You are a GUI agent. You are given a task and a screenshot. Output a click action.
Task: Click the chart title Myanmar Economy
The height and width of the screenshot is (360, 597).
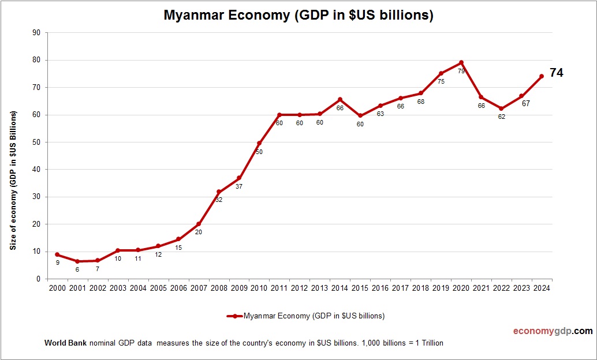[x=298, y=16]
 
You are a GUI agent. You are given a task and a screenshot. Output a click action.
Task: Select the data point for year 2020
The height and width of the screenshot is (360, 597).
[x=461, y=62]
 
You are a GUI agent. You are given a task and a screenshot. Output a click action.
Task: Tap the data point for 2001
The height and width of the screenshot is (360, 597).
[x=77, y=261]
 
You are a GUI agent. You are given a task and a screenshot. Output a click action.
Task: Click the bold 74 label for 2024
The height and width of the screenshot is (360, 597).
[x=556, y=73]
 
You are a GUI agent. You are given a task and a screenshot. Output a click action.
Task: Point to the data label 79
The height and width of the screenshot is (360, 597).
[x=461, y=71]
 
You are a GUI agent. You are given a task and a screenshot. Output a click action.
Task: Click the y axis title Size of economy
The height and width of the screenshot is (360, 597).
[x=13, y=180]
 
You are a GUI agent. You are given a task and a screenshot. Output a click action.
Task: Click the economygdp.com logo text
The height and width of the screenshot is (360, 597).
[x=553, y=331]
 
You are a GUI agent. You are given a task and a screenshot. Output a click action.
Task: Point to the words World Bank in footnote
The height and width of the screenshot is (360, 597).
[x=65, y=343]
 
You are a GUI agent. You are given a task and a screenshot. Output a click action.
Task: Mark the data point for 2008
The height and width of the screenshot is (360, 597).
[x=219, y=192]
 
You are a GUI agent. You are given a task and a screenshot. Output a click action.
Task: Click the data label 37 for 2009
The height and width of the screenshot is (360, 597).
[x=239, y=186]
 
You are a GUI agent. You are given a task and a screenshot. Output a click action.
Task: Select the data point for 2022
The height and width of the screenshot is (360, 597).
[x=501, y=108]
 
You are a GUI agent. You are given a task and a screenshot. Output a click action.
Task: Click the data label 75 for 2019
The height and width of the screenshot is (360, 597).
[x=441, y=81]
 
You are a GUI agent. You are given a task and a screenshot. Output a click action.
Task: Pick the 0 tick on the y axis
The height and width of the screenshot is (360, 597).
[x=38, y=279]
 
